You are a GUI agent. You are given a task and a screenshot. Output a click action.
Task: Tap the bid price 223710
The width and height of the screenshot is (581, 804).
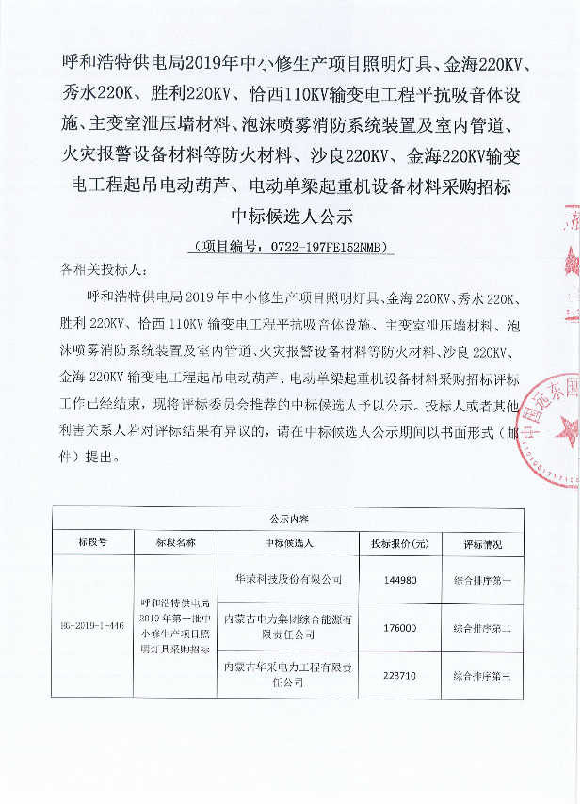[x=399, y=674]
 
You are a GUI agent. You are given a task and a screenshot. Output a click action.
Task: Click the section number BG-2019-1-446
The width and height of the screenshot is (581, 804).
[x=92, y=625]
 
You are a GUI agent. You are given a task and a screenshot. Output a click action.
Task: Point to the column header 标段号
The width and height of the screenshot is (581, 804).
[x=92, y=543]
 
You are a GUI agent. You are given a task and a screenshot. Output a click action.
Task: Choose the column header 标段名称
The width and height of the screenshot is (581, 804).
[x=176, y=543]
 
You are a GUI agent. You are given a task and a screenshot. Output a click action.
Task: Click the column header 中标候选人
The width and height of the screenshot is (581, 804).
[x=289, y=543]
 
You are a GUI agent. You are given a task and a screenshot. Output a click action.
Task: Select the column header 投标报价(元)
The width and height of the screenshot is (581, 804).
[x=399, y=543]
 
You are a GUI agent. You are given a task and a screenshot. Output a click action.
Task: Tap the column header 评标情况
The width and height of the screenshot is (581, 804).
[x=482, y=543]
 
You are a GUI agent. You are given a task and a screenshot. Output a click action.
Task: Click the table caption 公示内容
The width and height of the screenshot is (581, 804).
[x=288, y=519]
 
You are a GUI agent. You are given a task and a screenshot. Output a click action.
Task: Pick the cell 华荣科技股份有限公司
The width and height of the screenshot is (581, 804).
[x=289, y=579]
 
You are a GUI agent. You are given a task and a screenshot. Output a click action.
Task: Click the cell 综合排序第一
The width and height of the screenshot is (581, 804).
[x=482, y=579]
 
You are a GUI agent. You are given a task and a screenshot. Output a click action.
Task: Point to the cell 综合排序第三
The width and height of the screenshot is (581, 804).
[x=482, y=674]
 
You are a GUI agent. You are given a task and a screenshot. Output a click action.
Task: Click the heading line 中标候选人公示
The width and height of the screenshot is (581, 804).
[x=289, y=216]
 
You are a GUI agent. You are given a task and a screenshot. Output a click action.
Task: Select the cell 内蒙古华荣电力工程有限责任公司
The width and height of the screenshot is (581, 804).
[x=289, y=674]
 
